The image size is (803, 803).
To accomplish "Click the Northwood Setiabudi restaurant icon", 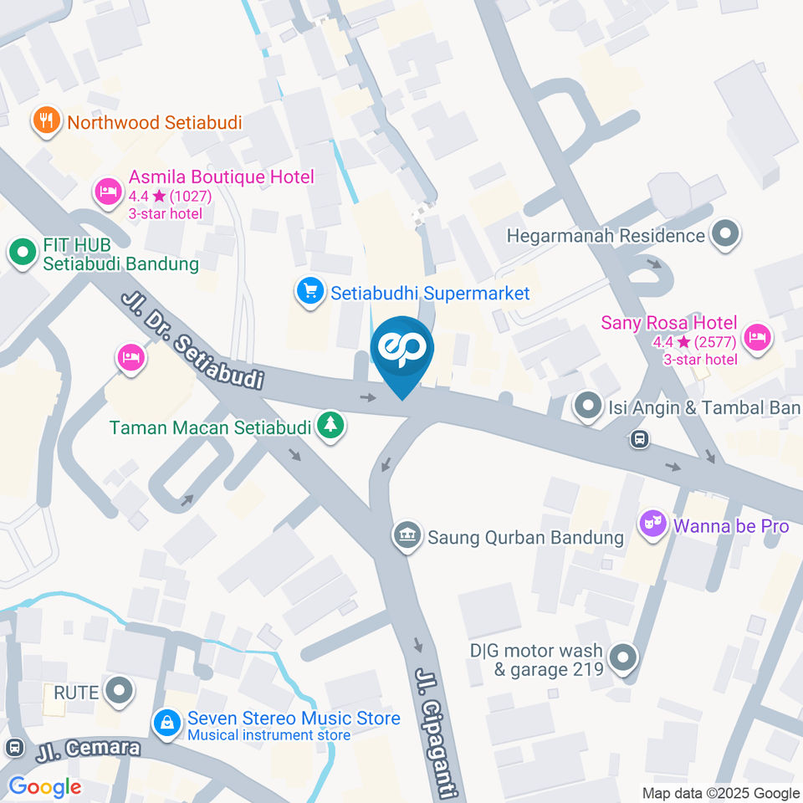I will tap(46, 121).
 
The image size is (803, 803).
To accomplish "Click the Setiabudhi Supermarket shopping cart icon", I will tap(310, 291).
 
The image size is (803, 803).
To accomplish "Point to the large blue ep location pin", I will tap(402, 351).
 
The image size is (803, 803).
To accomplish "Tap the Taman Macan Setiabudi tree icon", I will tap(332, 425).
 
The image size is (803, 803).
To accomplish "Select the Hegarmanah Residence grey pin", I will tap(725, 234).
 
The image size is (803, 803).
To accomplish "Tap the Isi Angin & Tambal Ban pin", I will tap(589, 407).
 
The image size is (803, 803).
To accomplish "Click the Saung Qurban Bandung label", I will tap(525, 536).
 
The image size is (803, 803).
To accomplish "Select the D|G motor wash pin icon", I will tap(621, 658).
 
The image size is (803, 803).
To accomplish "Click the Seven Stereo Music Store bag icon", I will tap(167, 724).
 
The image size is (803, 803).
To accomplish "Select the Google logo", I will tap(44, 786).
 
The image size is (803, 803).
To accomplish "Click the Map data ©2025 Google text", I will tap(721, 793).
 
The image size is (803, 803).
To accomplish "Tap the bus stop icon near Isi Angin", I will tap(640, 438).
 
